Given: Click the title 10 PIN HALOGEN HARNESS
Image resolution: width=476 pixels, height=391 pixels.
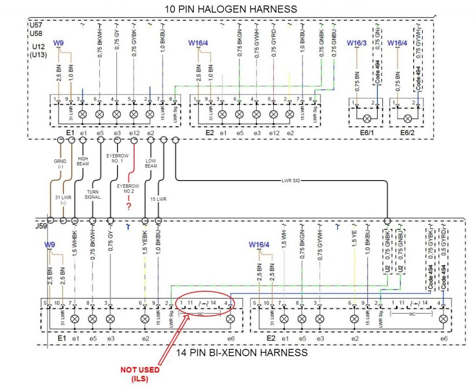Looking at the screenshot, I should pyautogui.click(x=231, y=9).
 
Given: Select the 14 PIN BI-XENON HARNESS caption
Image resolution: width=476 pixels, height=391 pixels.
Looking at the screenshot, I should pyautogui.click(x=242, y=353).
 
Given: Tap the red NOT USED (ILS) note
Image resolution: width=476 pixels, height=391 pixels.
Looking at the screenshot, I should pyautogui.click(x=140, y=373).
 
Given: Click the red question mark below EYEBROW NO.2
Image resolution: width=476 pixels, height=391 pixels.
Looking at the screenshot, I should pyautogui.click(x=128, y=207).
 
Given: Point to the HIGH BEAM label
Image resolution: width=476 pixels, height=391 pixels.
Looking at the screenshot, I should pyautogui.click(x=83, y=161).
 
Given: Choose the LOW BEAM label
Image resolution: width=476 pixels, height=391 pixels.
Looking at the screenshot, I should pyautogui.click(x=151, y=163).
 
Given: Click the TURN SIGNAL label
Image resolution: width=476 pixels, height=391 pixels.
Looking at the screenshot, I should pyautogui.click(x=93, y=194).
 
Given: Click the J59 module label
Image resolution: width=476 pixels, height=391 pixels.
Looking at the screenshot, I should pyautogui.click(x=41, y=227).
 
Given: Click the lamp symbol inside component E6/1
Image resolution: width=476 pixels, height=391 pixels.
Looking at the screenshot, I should pyautogui.click(x=365, y=118).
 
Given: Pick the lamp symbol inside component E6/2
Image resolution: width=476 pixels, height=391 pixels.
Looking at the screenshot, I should pyautogui.click(x=408, y=118).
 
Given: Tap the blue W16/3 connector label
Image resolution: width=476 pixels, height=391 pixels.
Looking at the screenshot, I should pyautogui.click(x=357, y=43).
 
